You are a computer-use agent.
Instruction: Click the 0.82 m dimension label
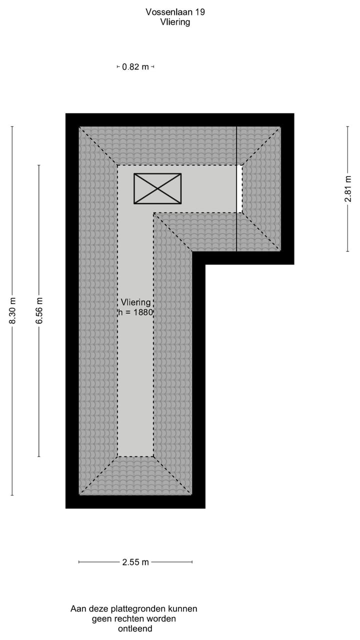pos(135,67)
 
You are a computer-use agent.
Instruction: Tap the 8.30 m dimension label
pos(12,310)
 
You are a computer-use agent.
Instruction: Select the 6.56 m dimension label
pos(39,310)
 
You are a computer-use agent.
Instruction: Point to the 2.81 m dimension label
pos(347,188)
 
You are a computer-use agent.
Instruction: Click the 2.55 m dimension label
pos(135,562)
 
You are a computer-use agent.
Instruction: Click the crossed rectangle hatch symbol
pos(157,188)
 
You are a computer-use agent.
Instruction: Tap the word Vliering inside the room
pos(135,302)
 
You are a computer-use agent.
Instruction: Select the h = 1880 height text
pos(135,312)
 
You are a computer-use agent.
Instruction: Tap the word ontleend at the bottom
pos(134,628)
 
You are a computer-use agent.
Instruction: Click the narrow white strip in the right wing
pos(239,188)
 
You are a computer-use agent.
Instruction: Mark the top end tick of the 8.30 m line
pos(12,126)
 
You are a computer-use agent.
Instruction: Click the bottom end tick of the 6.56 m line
pos(39,456)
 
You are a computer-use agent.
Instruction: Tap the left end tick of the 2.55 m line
pos(79,562)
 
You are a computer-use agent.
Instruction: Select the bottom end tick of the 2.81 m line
pos(347,251)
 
